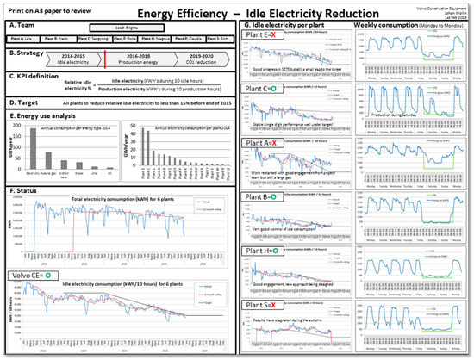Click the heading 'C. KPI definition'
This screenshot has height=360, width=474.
coord(32,77)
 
